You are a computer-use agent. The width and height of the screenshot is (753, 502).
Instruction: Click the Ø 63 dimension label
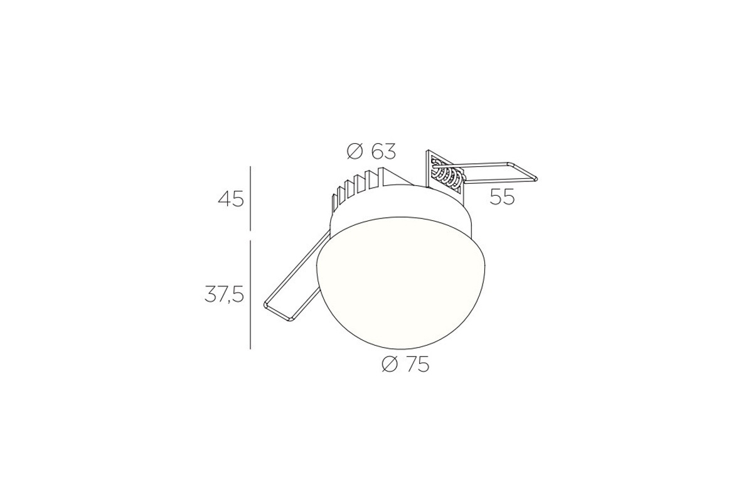tap(371, 152)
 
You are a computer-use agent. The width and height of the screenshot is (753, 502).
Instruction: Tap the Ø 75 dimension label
tap(406, 364)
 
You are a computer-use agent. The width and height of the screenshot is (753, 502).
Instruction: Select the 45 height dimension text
tap(231, 200)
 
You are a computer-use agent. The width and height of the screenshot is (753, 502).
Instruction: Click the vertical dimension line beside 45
tap(250, 198)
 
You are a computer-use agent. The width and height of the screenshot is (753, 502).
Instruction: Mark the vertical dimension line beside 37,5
tap(250, 294)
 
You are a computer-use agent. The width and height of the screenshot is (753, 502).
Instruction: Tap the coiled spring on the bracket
tap(448, 176)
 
